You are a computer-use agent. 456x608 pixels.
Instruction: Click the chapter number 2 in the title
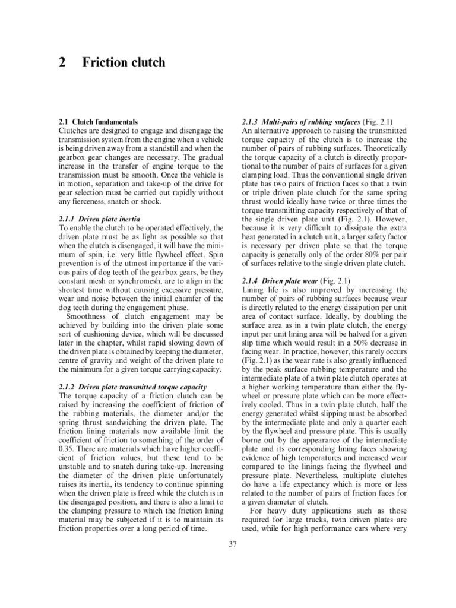(x=62, y=62)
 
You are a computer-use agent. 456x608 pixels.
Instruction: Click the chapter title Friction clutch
(x=124, y=62)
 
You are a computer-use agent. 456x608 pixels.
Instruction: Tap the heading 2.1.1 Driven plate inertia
(x=100, y=219)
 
